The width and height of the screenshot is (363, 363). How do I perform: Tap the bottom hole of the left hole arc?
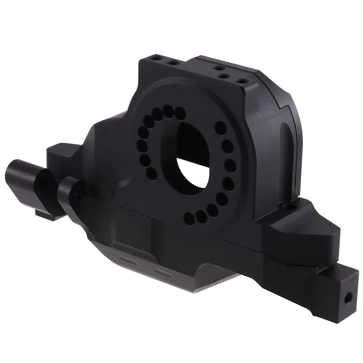pos(152,174)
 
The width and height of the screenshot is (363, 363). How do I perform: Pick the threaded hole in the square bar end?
pos(347,298)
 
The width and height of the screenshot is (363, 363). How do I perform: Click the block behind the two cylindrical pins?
pos(61,157)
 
